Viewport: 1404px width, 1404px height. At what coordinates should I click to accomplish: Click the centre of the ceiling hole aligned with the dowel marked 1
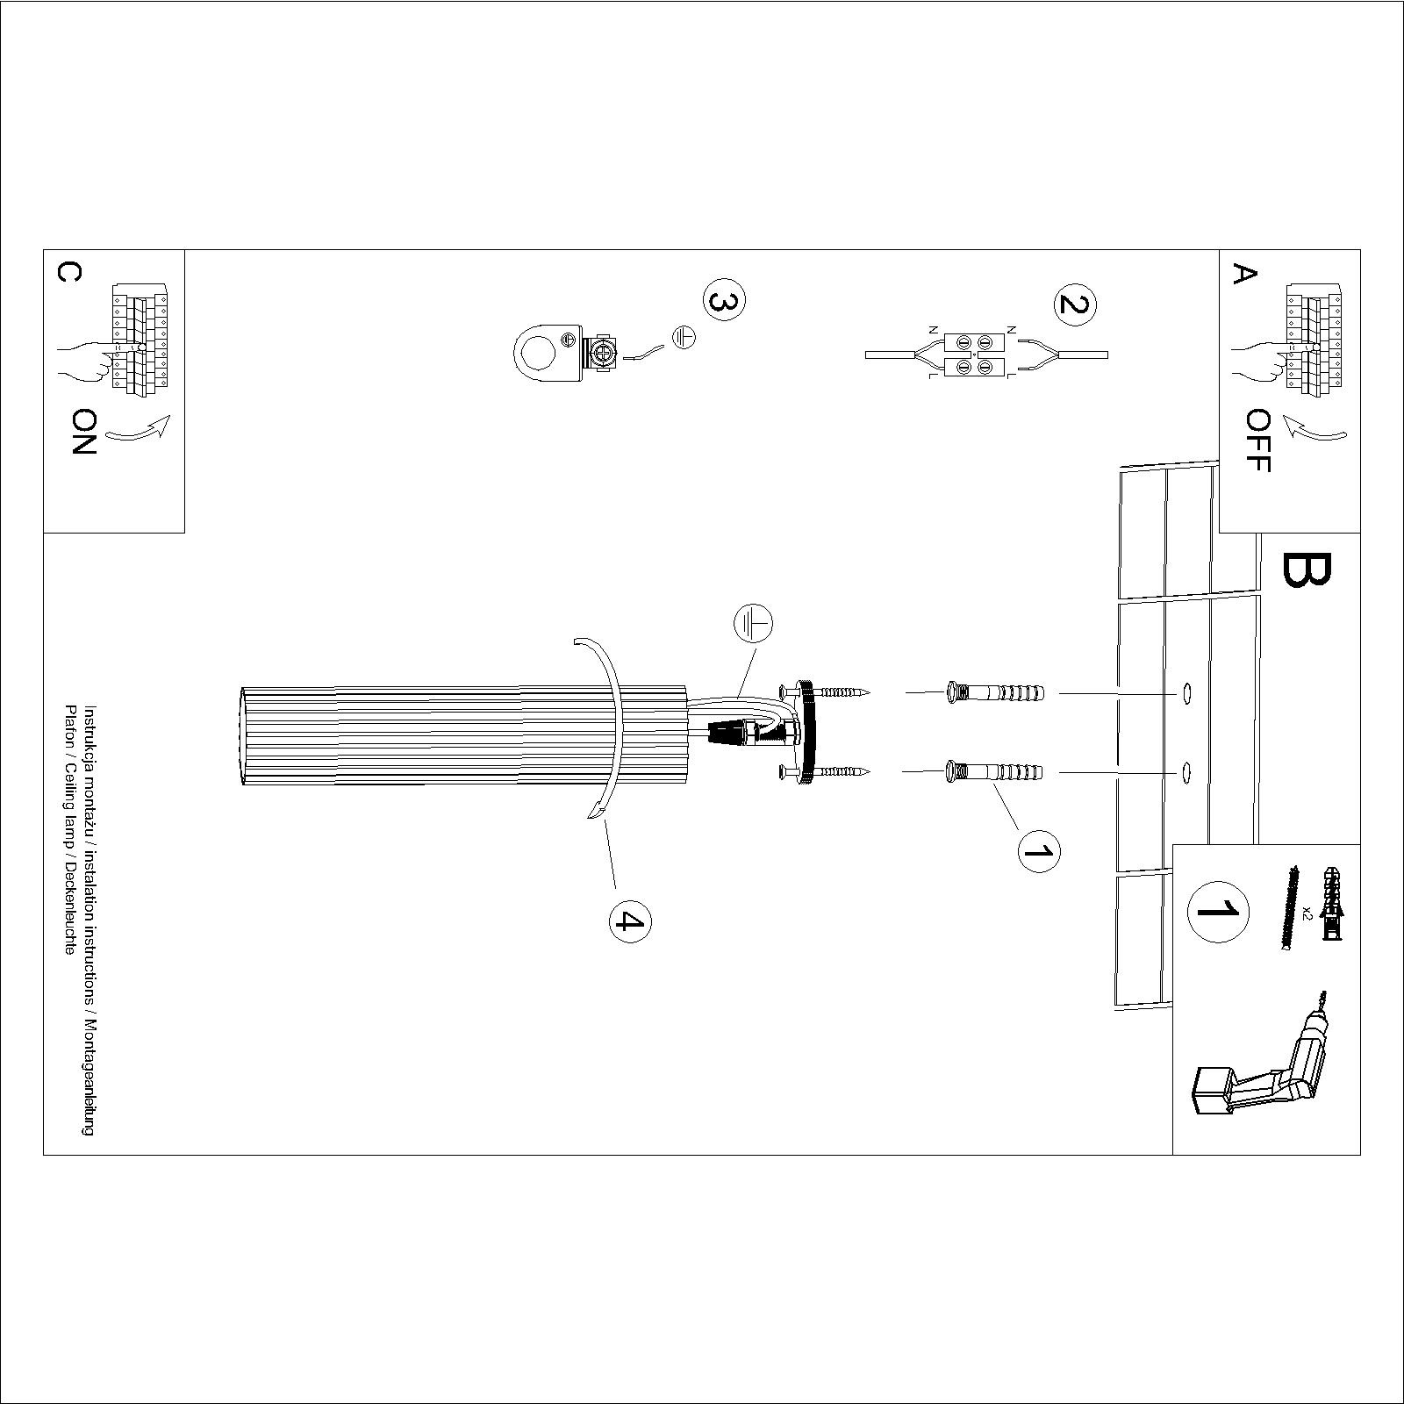click(x=1186, y=772)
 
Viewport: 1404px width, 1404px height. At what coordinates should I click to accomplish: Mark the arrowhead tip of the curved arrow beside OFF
click(x=1284, y=419)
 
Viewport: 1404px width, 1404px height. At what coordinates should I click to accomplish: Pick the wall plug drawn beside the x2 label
click(x=1331, y=904)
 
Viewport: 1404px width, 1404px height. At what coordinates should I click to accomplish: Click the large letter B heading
click(x=1307, y=569)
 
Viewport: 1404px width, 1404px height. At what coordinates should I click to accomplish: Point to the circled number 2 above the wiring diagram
click(x=1075, y=304)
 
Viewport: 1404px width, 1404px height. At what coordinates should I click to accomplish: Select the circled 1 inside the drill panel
click(x=1218, y=910)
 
